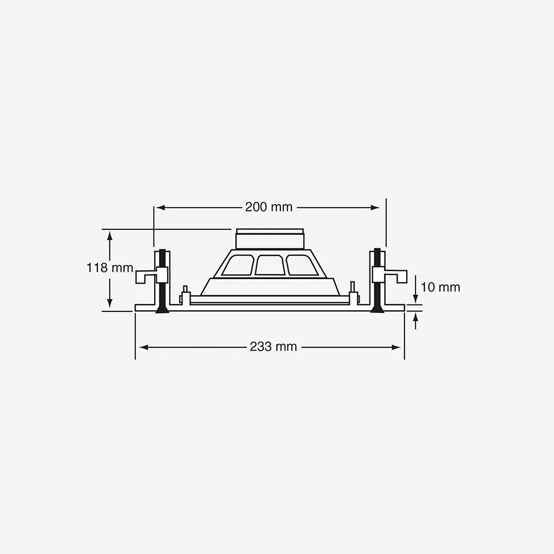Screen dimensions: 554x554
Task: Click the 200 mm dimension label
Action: pyautogui.click(x=269, y=207)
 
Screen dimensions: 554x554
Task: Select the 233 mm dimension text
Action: pyautogui.click(x=274, y=347)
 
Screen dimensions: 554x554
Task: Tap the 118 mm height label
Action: pyautogui.click(x=110, y=268)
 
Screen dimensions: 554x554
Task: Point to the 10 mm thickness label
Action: pyautogui.click(x=440, y=287)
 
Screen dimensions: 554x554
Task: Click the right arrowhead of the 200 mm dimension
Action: pyautogui.click(x=375, y=208)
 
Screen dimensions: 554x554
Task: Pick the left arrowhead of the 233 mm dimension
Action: pyautogui.click(x=144, y=347)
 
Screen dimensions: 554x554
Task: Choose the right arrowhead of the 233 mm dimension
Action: pyautogui.click(x=396, y=347)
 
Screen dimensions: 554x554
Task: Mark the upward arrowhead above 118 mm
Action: pyautogui.click(x=110, y=235)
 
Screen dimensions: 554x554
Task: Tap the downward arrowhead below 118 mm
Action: pyautogui.click(x=110, y=303)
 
